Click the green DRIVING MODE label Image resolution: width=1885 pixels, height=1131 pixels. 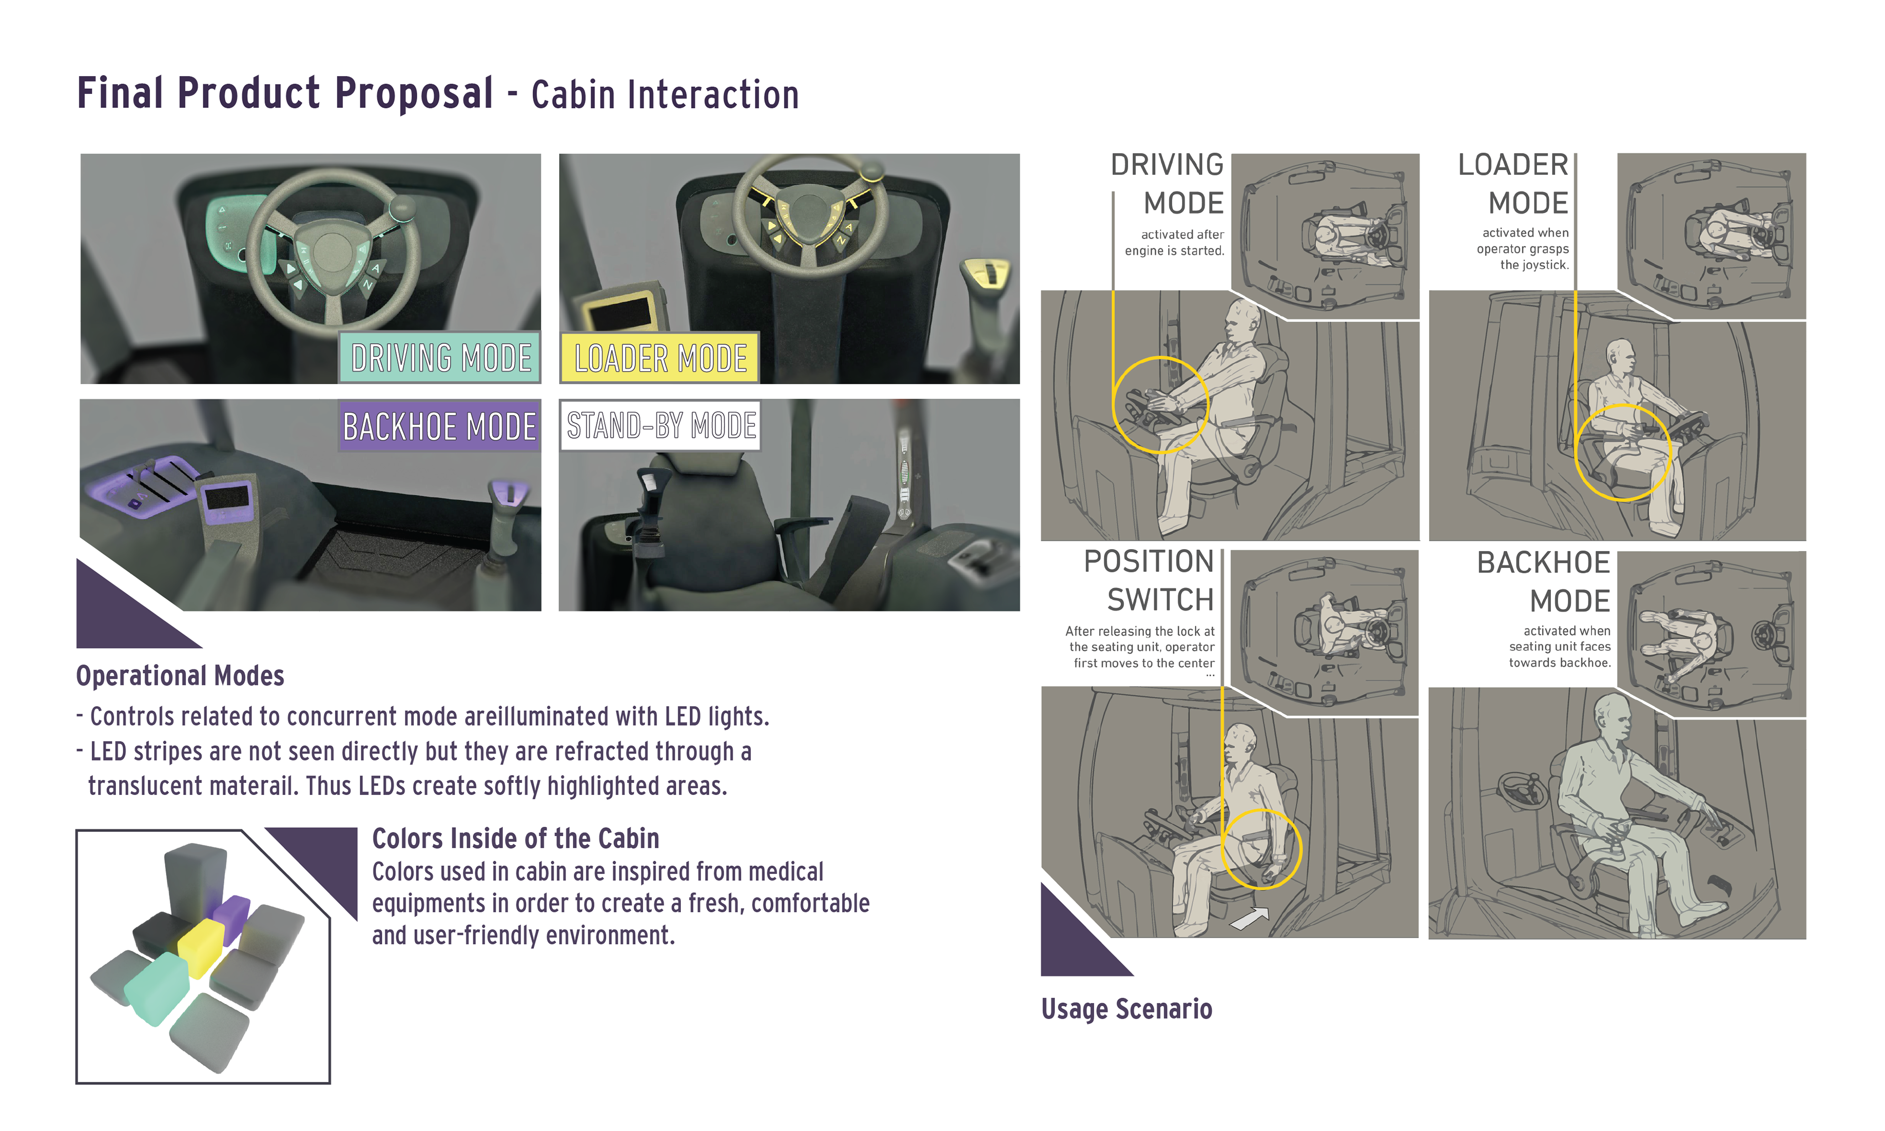[440, 357]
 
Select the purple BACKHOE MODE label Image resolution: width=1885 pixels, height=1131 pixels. [440, 426]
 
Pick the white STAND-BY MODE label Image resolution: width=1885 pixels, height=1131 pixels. [661, 425]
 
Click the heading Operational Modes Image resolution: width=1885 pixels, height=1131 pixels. [180, 676]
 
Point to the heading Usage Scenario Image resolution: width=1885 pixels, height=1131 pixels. [1126, 1008]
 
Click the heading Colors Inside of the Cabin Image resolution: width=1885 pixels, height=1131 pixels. [515, 838]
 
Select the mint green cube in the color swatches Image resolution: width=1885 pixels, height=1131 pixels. [157, 989]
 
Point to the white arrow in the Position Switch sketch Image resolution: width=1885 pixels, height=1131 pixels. [1250, 918]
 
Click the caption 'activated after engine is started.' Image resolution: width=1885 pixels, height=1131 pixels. [1174, 242]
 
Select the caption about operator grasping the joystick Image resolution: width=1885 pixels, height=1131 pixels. [1522, 248]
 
